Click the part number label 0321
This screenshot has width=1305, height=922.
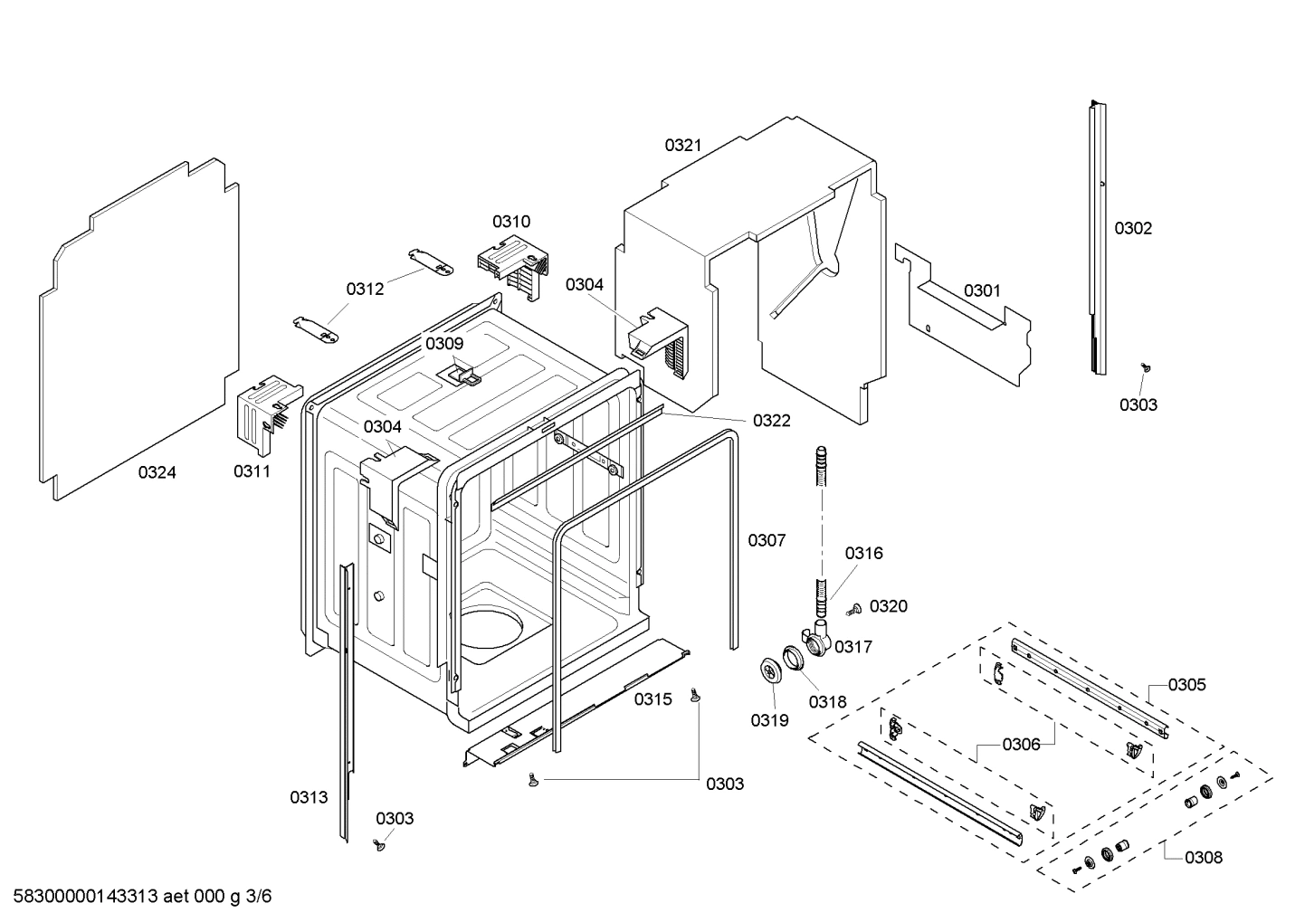683,145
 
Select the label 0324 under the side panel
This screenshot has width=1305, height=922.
157,472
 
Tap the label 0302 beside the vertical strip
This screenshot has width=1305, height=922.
1133,228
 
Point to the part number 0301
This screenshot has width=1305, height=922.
982,290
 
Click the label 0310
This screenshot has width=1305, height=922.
511,222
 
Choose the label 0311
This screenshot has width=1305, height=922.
252,471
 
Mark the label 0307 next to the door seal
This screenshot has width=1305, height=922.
767,540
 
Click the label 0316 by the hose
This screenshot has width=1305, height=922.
863,553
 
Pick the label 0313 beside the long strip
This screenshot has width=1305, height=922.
309,797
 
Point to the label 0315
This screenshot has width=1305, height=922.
652,699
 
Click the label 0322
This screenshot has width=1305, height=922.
771,421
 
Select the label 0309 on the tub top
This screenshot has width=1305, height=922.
444,344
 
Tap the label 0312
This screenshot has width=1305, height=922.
365,289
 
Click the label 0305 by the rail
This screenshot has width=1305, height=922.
1186,685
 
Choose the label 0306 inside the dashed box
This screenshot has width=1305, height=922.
1021,744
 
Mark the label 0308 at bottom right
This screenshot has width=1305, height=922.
1203,857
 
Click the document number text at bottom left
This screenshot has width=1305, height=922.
138,897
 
